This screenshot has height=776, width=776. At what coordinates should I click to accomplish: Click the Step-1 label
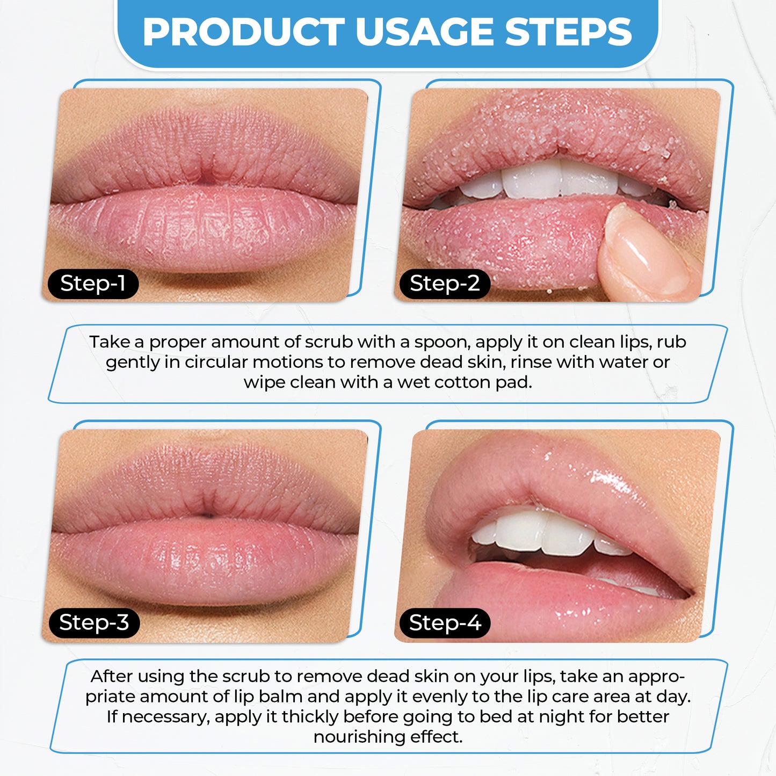point(92,284)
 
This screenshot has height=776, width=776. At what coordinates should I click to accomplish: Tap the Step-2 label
point(444,284)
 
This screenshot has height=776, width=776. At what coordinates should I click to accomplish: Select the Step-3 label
point(93,623)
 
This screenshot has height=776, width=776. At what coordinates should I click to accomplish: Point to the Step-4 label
point(445,623)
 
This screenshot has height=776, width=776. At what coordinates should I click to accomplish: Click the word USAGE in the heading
point(424,32)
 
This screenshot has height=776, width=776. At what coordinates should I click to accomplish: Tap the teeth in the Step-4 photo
point(542,532)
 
